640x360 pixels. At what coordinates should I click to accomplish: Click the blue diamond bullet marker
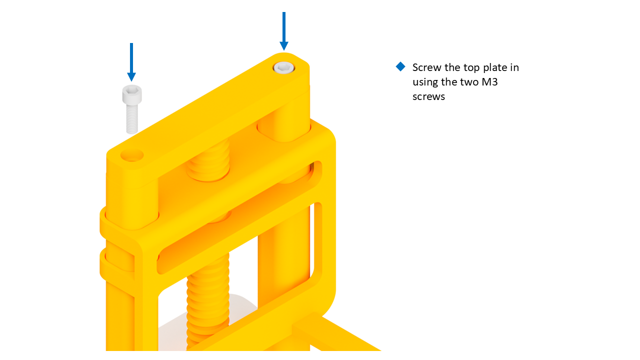click(400, 66)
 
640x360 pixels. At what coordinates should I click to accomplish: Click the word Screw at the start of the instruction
click(427, 67)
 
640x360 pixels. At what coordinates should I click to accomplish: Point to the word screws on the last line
click(428, 97)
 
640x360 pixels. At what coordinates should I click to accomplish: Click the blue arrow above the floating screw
click(131, 62)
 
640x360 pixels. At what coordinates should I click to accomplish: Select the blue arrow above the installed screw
click(283, 31)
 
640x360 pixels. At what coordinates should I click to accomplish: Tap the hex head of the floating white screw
click(132, 94)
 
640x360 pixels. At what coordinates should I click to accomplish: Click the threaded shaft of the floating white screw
click(132, 119)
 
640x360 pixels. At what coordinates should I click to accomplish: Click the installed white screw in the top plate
click(283, 67)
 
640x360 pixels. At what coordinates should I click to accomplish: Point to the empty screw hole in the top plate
click(132, 155)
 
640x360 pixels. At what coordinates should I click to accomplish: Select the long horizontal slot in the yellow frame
click(239, 217)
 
